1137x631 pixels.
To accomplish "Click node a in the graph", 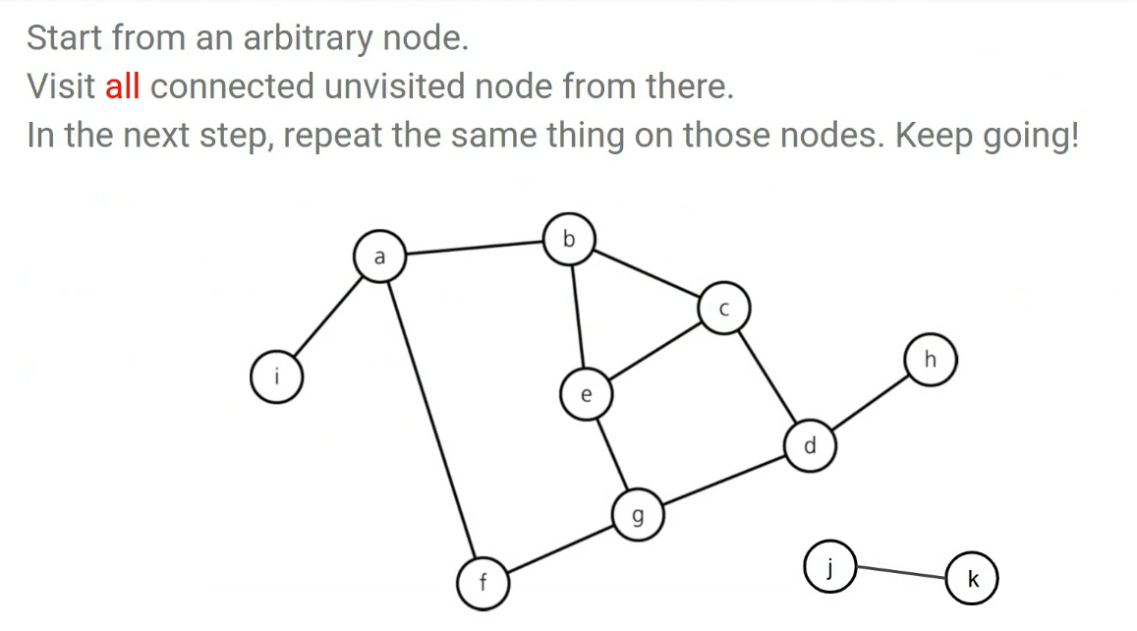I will point(378,257).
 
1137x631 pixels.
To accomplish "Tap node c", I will point(723,309).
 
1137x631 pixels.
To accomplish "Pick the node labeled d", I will point(809,445).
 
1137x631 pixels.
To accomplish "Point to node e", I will point(586,395).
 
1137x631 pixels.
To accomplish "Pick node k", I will point(971,579).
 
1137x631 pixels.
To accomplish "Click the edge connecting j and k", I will point(899,571).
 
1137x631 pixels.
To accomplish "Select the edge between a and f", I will point(430,418).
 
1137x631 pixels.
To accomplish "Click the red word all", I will point(122,86).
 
